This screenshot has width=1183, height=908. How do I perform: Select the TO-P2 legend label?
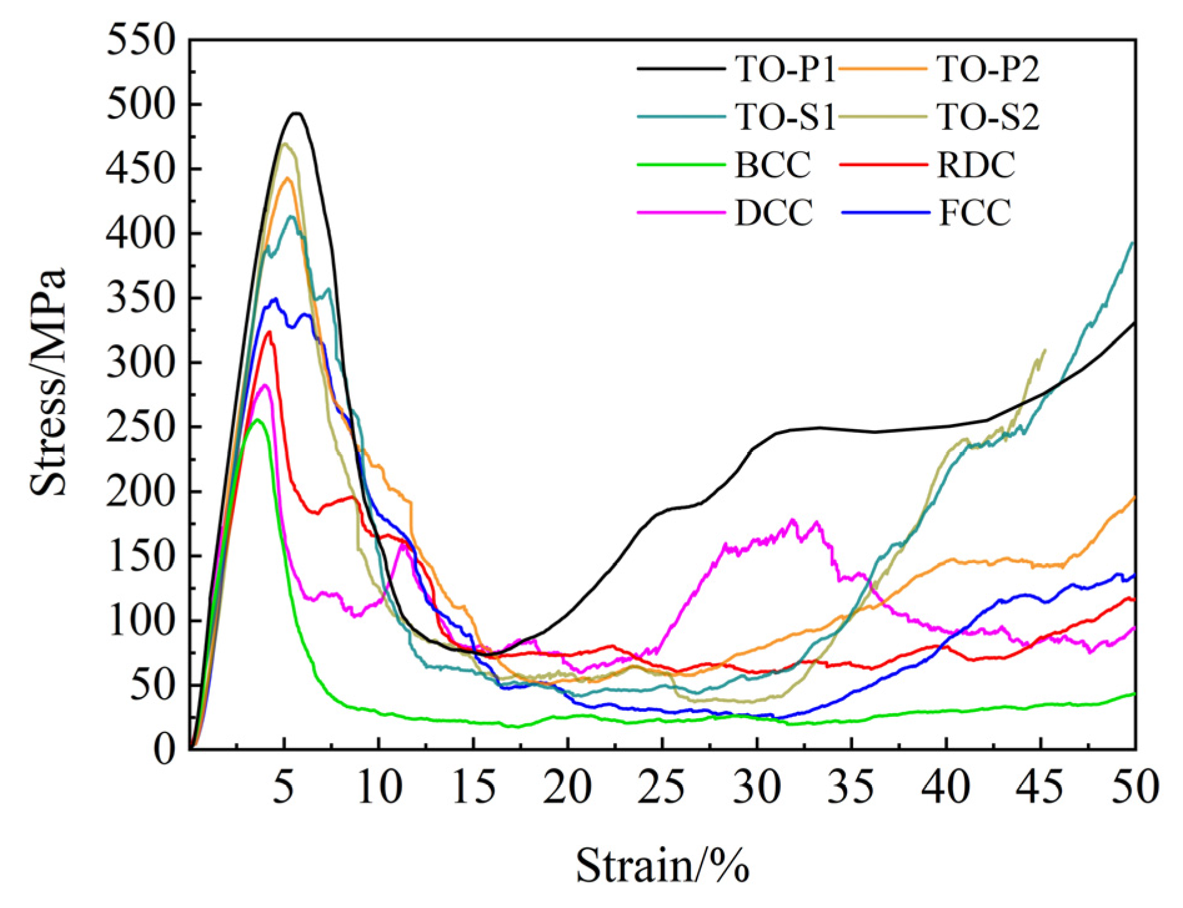[988, 70]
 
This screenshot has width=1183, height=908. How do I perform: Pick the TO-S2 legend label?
[988, 117]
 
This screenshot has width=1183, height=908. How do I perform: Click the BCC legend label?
[773, 165]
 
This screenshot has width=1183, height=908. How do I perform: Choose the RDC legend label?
[976, 165]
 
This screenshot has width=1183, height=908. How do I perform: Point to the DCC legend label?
[774, 212]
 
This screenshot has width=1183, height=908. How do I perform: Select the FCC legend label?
[974, 212]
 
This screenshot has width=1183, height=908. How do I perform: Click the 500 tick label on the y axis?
[139, 104]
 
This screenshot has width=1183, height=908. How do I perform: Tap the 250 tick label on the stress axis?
[139, 427]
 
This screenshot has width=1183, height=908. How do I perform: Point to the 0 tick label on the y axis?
[166, 749]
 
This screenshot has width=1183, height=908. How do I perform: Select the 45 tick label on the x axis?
[1041, 787]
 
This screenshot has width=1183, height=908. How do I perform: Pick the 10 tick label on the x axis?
[379, 787]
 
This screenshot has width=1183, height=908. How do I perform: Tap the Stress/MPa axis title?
[49, 382]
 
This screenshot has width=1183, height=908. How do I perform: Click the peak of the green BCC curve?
[257, 419]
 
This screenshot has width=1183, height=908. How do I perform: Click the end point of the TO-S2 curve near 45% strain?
[1045, 350]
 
